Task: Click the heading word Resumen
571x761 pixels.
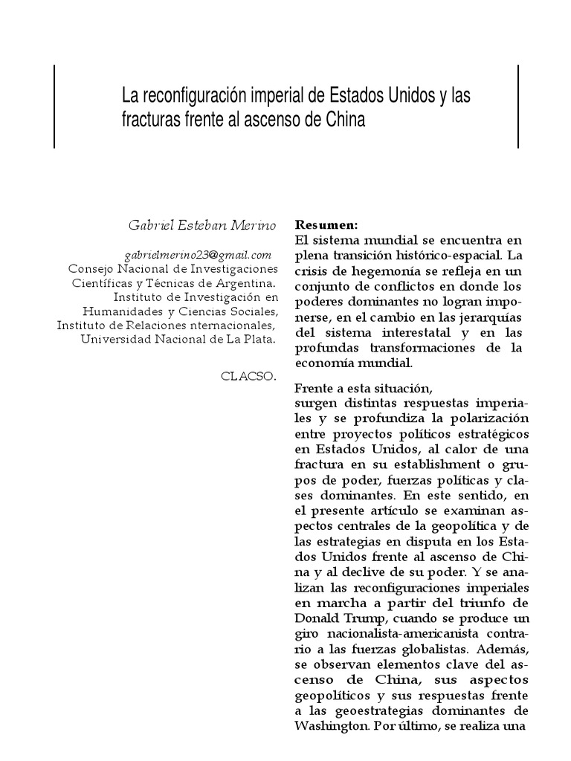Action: [x=326, y=224]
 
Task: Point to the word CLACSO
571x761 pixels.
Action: [x=248, y=375]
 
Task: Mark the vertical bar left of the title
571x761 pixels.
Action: [x=54, y=106]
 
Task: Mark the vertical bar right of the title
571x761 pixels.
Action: [x=518, y=106]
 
